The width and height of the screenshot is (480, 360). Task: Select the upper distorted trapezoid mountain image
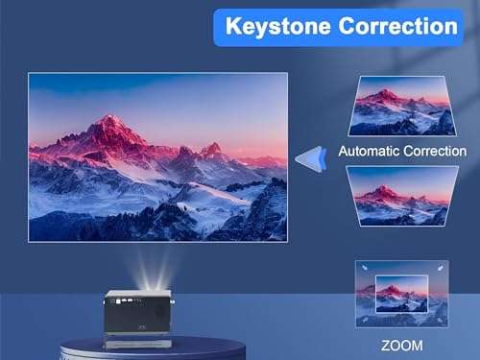click(x=402, y=107)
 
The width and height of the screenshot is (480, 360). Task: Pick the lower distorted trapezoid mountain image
click(x=402, y=195)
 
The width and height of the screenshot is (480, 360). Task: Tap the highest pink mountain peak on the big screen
click(x=114, y=123)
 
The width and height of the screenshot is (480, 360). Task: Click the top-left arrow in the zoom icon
click(x=363, y=269)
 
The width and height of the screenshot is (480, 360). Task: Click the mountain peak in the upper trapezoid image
click(x=387, y=94)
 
